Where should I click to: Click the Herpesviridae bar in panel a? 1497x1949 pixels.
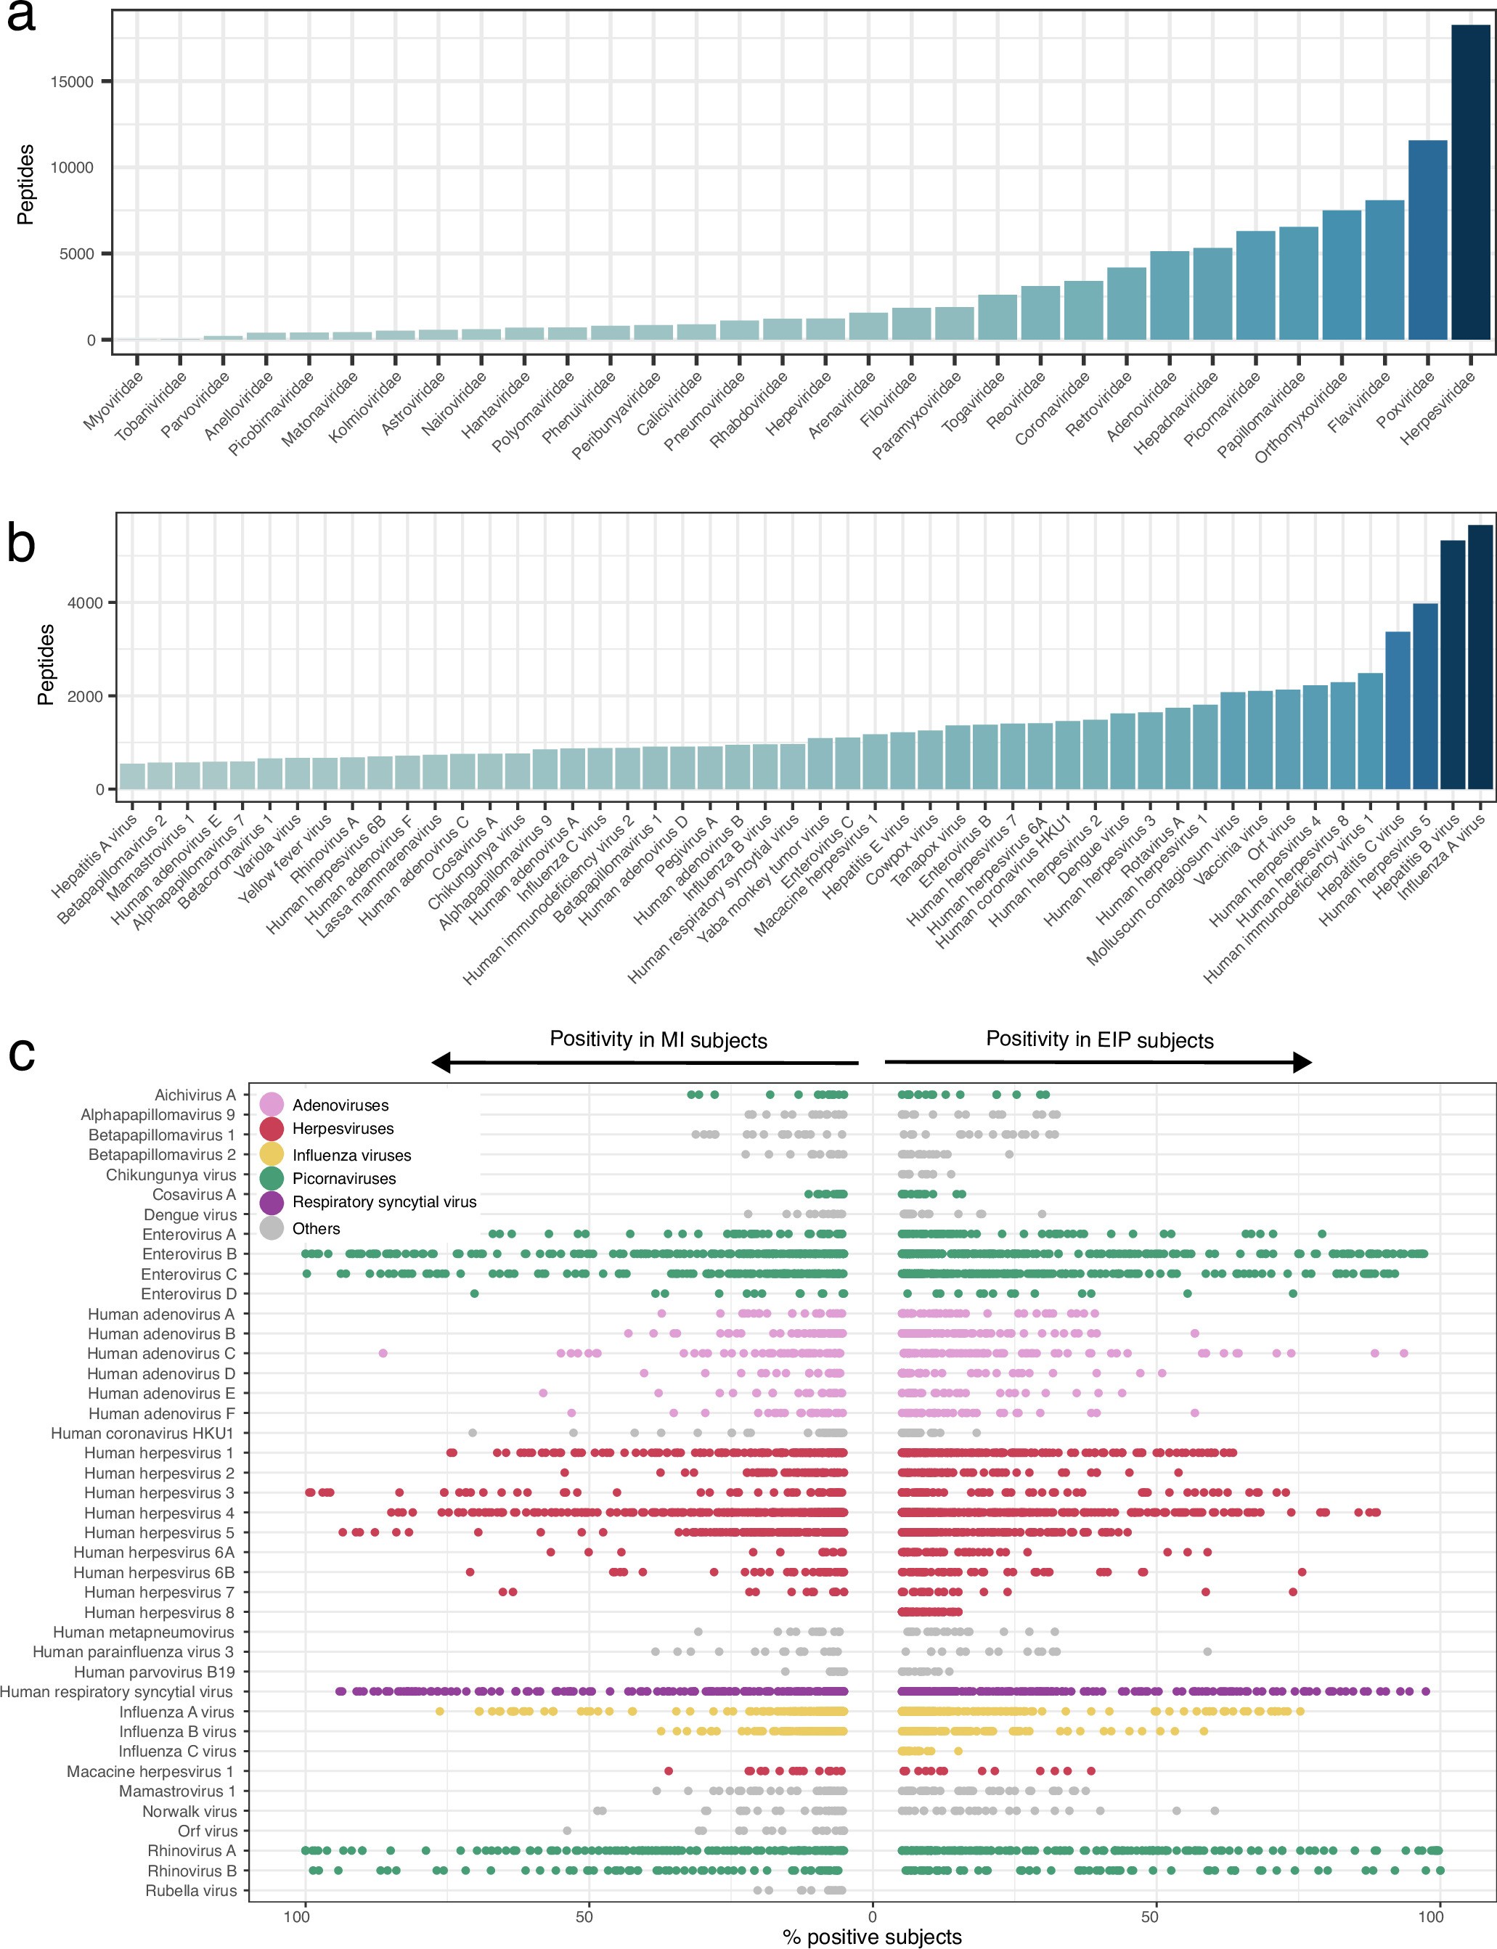tap(1470, 183)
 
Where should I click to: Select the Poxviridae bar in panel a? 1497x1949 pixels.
tap(1427, 240)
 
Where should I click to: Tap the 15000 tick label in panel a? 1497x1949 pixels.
tap(72, 82)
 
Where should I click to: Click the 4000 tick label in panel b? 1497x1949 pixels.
tap(85, 603)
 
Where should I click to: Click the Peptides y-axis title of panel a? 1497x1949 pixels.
tap(27, 184)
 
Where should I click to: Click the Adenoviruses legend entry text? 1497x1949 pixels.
tap(340, 1106)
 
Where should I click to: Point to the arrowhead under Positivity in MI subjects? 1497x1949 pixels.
tap(440, 1062)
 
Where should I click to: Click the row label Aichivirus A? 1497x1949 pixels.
tap(195, 1095)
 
